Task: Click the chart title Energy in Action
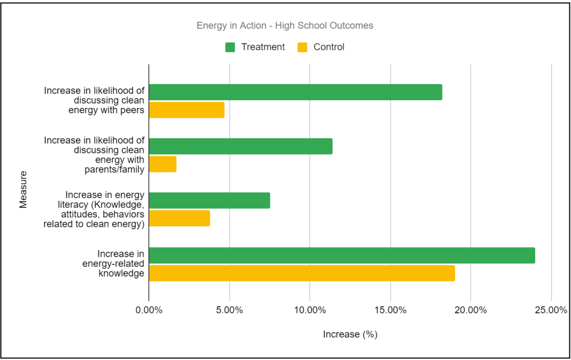(285, 25)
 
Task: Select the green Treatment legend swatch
(230, 47)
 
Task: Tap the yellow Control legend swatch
(303, 47)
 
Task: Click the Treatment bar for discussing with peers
(296, 92)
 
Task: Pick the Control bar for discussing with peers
(187, 110)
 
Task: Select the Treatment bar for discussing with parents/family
(241, 146)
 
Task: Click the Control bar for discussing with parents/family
(163, 164)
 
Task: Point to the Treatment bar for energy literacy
(209, 201)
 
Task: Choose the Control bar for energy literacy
(179, 218)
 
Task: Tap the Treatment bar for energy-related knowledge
(342, 255)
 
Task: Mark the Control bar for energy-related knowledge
(301, 273)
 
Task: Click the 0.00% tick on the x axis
(149, 310)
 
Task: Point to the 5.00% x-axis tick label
(229, 310)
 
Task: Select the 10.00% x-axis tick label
(310, 310)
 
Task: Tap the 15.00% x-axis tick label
(390, 310)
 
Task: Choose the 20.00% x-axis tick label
(470, 310)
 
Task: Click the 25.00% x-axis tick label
(550, 310)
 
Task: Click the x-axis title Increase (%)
(350, 335)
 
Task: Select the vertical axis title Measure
(23, 189)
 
